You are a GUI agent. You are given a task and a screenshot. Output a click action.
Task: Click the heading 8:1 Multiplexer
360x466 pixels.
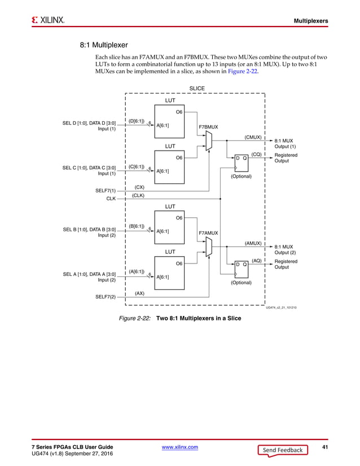point(104,45)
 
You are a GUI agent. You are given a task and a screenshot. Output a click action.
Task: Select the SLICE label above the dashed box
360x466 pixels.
point(197,89)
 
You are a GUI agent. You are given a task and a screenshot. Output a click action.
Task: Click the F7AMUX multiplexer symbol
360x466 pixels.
point(209,246)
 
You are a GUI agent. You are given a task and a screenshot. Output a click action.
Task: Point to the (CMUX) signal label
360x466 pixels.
point(252,137)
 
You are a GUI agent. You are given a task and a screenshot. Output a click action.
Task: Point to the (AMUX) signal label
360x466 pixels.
point(252,243)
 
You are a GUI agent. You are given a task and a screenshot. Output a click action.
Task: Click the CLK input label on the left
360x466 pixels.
point(110,199)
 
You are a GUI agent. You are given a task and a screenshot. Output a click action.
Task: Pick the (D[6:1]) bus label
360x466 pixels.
point(136,121)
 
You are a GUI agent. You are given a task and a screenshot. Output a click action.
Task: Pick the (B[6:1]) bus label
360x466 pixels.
point(136,226)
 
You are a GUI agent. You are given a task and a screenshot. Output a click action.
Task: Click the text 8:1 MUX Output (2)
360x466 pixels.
point(285,249)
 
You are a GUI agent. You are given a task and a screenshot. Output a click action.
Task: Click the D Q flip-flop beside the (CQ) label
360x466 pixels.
point(241,159)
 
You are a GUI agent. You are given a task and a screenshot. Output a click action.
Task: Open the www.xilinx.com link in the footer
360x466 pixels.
point(179,447)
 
